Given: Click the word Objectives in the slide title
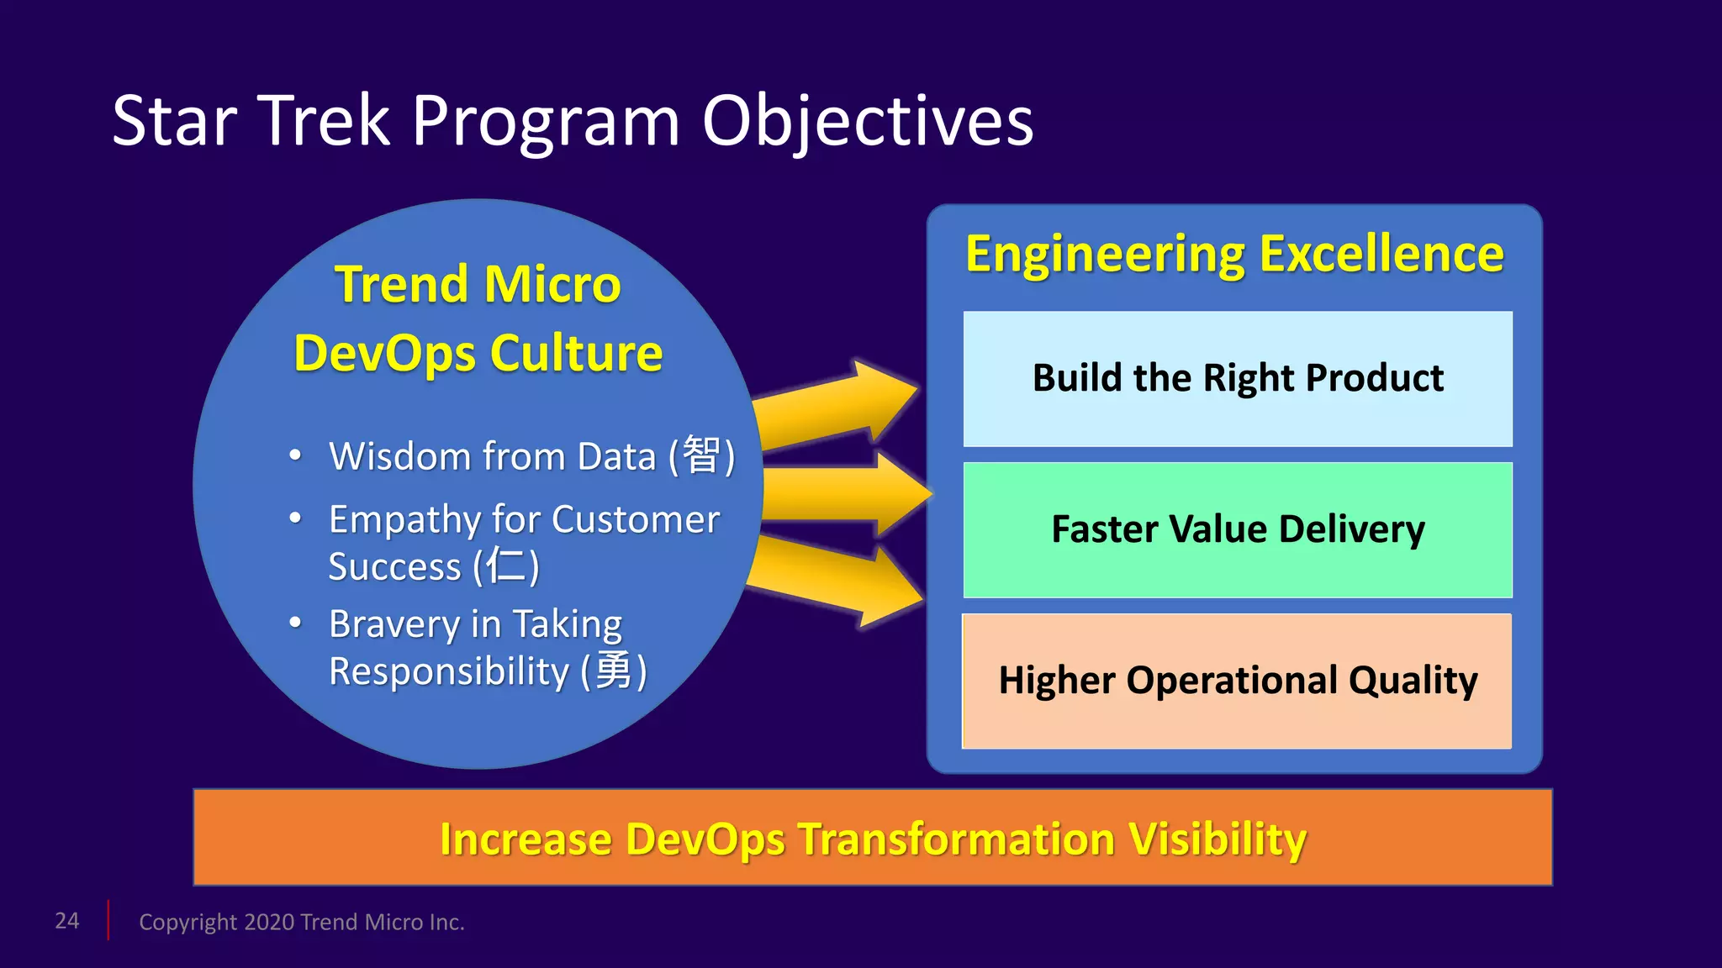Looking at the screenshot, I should pos(867,122).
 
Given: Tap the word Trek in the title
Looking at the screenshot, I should pos(325,122).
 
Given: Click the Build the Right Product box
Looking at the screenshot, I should pos(1237,379).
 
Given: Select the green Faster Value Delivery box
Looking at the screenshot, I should pos(1237,530).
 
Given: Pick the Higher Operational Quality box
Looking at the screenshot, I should pos(1237,681).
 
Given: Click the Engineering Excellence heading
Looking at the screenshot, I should pos(1234,254).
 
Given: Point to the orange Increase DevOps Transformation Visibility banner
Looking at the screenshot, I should pos(872,838).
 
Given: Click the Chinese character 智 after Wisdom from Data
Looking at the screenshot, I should pos(701,455).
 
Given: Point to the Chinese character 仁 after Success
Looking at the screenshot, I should pos(505,566).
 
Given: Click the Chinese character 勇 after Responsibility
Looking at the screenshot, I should pos(613,671).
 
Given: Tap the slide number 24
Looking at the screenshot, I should pos(67,921).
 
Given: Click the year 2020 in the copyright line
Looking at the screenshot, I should pos(269,922).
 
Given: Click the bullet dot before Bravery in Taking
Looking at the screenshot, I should pos(295,623).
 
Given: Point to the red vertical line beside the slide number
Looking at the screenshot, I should pos(108,920).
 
